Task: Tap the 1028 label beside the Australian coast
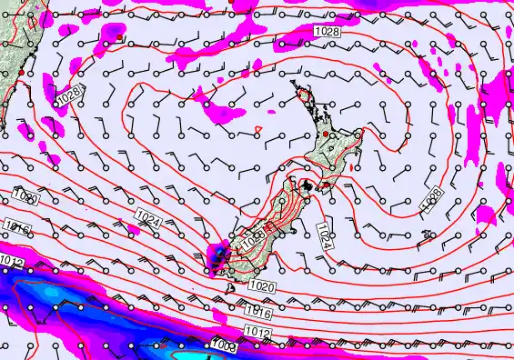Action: [68, 95]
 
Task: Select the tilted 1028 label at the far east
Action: [432, 201]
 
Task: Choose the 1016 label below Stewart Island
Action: [257, 312]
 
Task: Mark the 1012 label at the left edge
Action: [12, 262]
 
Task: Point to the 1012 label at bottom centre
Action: [257, 335]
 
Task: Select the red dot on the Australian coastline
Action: [21, 86]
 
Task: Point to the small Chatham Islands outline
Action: [424, 232]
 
